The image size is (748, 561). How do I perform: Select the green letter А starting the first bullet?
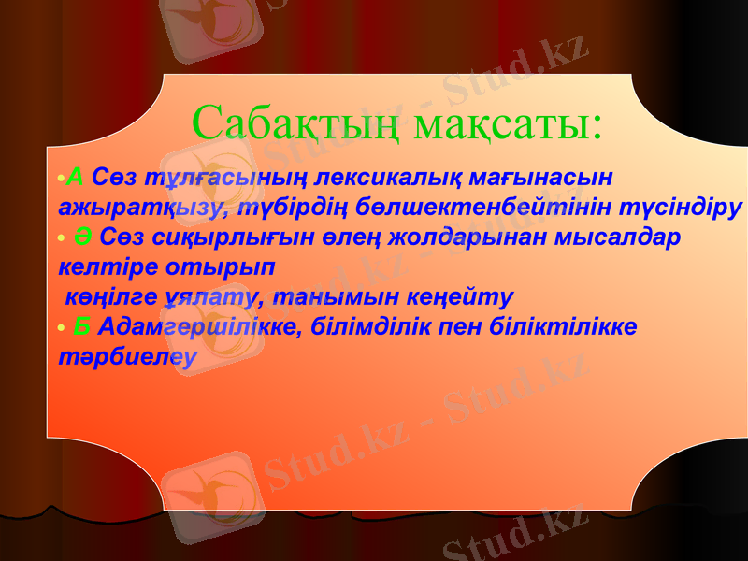(77, 176)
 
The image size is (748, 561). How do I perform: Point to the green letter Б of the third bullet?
(82, 326)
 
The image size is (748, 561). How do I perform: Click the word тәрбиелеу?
(128, 357)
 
